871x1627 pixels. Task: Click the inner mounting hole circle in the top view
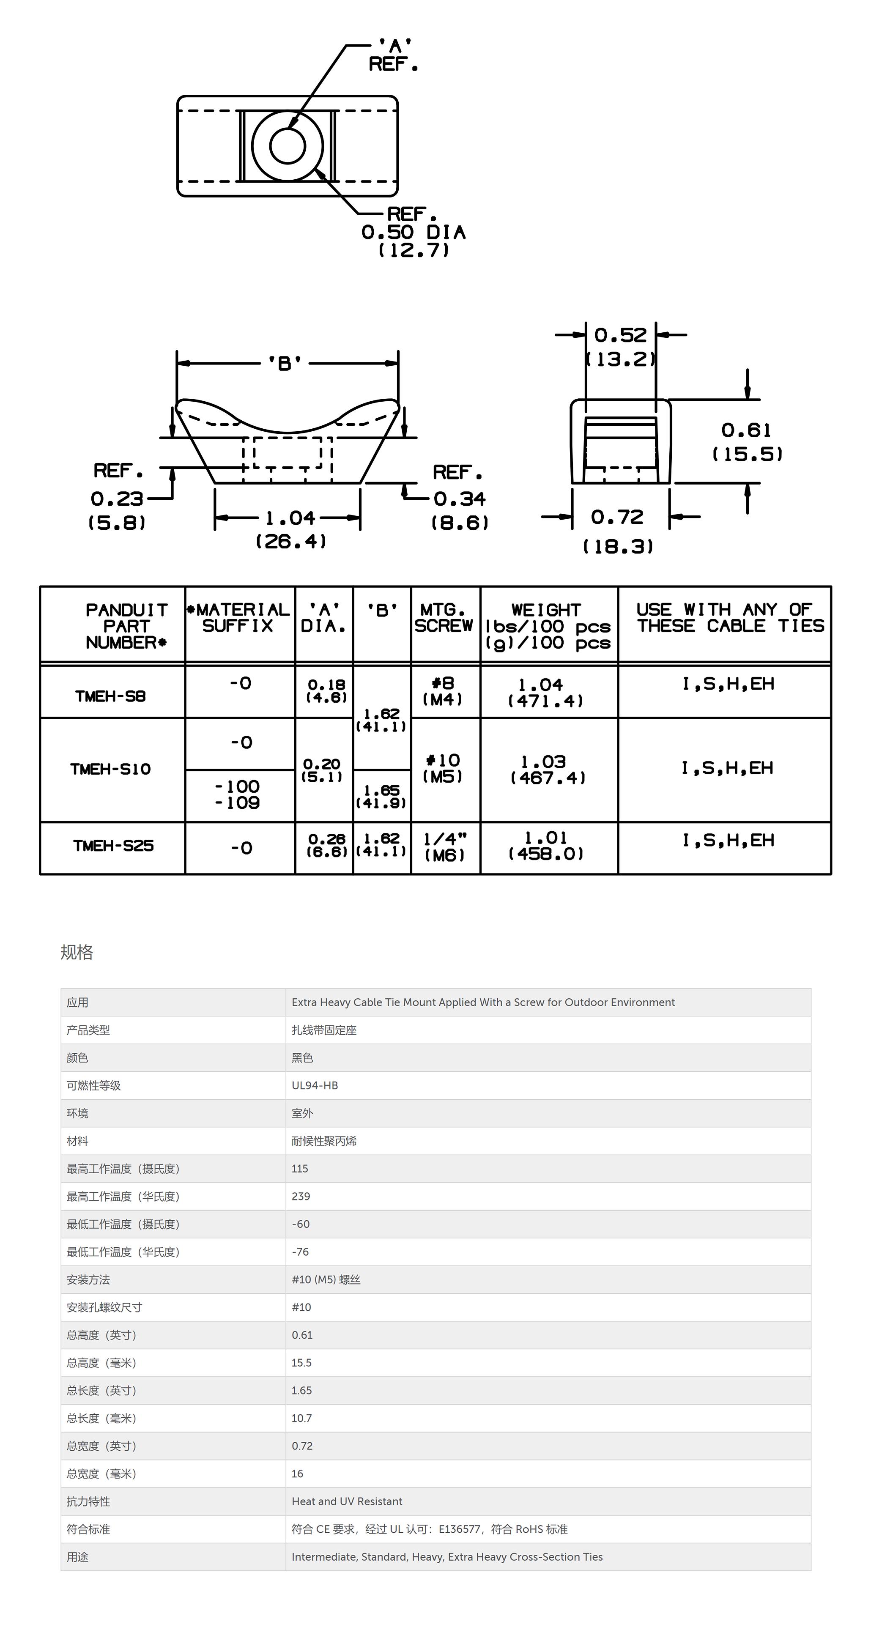coord(288,146)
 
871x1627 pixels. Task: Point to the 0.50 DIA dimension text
coord(413,233)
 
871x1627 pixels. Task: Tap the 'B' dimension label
coord(285,363)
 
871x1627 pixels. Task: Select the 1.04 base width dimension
coord(290,518)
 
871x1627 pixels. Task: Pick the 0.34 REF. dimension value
coord(459,499)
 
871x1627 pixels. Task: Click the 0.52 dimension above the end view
coord(620,335)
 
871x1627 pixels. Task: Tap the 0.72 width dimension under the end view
coord(617,517)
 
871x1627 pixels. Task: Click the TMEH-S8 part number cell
coord(110,696)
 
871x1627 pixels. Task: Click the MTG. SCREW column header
coord(444,618)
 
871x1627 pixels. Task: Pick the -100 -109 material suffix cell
coord(238,794)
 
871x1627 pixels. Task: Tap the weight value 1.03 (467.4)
coord(548,769)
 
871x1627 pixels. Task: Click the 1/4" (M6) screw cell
coord(445,847)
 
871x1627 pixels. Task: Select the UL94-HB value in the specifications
coord(315,1085)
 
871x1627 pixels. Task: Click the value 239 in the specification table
coord(301,1196)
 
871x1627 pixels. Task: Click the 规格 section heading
coord(77,952)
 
